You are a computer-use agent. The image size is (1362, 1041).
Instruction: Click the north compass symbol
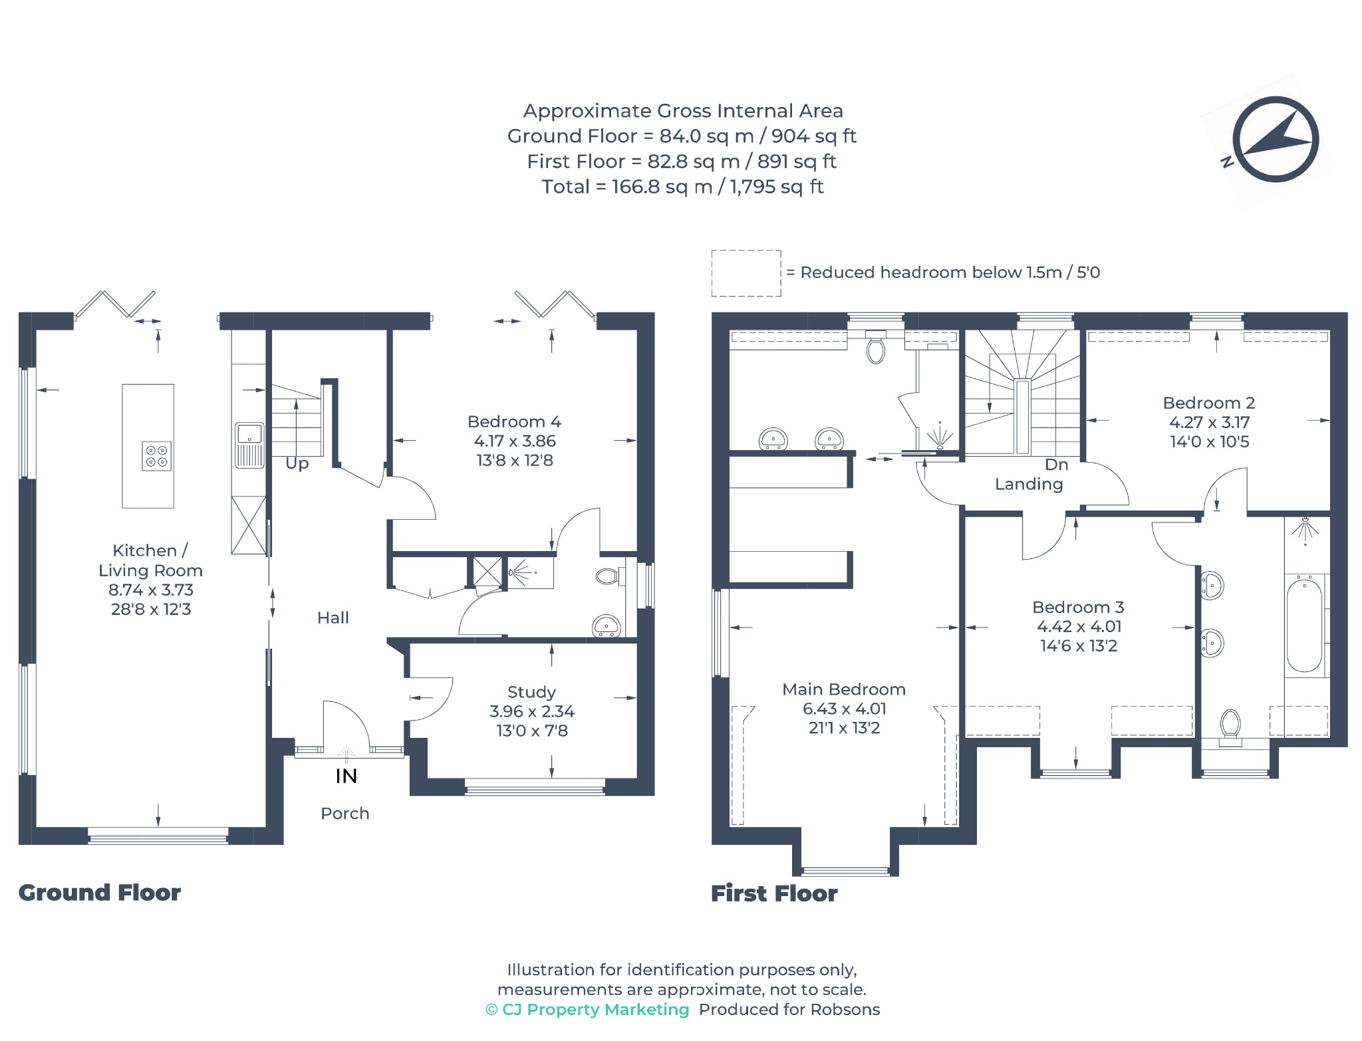click(x=1275, y=140)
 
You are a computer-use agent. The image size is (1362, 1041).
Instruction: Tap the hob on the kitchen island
click(x=157, y=456)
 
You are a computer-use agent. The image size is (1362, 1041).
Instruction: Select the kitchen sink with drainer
click(x=249, y=445)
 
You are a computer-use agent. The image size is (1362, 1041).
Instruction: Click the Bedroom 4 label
click(x=514, y=421)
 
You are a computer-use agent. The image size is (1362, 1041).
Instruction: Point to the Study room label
click(x=531, y=692)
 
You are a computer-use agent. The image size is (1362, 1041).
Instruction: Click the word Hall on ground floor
click(x=333, y=618)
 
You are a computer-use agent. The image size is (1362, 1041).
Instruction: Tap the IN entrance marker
click(x=346, y=776)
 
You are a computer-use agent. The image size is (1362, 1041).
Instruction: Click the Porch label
click(x=344, y=813)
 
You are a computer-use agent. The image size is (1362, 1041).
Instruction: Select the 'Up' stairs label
click(x=297, y=463)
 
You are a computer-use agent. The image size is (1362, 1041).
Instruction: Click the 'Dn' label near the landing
click(x=1056, y=465)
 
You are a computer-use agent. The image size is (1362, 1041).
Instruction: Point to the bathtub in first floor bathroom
click(x=1304, y=626)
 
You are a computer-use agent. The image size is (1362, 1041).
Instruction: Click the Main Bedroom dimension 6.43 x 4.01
click(x=844, y=709)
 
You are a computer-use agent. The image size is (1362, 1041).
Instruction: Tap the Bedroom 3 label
click(x=1078, y=607)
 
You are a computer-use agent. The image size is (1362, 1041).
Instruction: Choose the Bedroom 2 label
click(x=1209, y=403)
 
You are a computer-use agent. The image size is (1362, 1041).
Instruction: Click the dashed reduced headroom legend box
click(x=746, y=273)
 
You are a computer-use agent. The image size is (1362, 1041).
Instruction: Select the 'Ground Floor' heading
click(x=100, y=892)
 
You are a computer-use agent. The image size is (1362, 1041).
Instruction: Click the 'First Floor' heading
click(x=774, y=893)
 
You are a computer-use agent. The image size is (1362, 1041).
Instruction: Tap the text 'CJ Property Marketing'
click(x=595, y=1009)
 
